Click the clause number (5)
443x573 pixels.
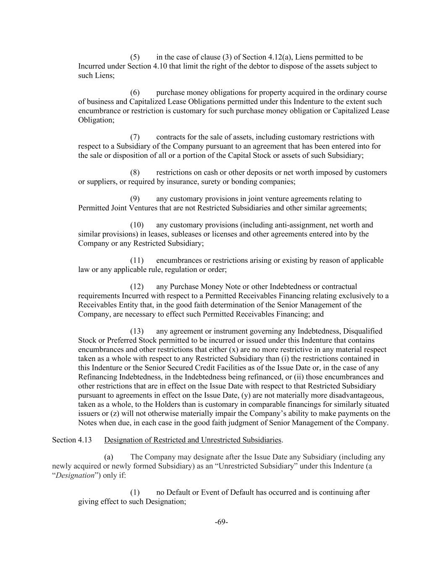(135, 57)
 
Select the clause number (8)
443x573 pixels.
(135, 173)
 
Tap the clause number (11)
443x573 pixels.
(136, 260)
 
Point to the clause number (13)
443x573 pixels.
(136, 331)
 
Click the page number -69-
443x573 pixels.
(221, 522)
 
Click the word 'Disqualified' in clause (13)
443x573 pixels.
(362, 331)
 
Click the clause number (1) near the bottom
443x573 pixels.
(135, 492)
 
